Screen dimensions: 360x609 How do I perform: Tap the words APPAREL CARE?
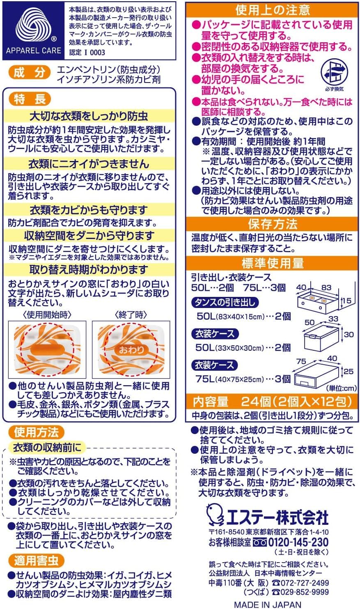click(x=33, y=51)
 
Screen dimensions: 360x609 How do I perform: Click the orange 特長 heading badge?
click(x=26, y=99)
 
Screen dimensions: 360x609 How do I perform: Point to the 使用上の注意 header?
click(x=273, y=9)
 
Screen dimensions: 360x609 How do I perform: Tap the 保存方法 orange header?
click(x=273, y=224)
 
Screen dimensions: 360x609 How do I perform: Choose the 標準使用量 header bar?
click(x=273, y=263)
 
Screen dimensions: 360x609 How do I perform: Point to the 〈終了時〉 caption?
click(x=130, y=315)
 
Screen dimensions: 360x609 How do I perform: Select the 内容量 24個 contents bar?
click(x=273, y=401)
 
